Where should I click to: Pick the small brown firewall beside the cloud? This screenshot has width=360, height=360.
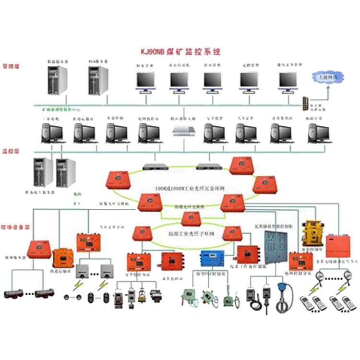point(305,103)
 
